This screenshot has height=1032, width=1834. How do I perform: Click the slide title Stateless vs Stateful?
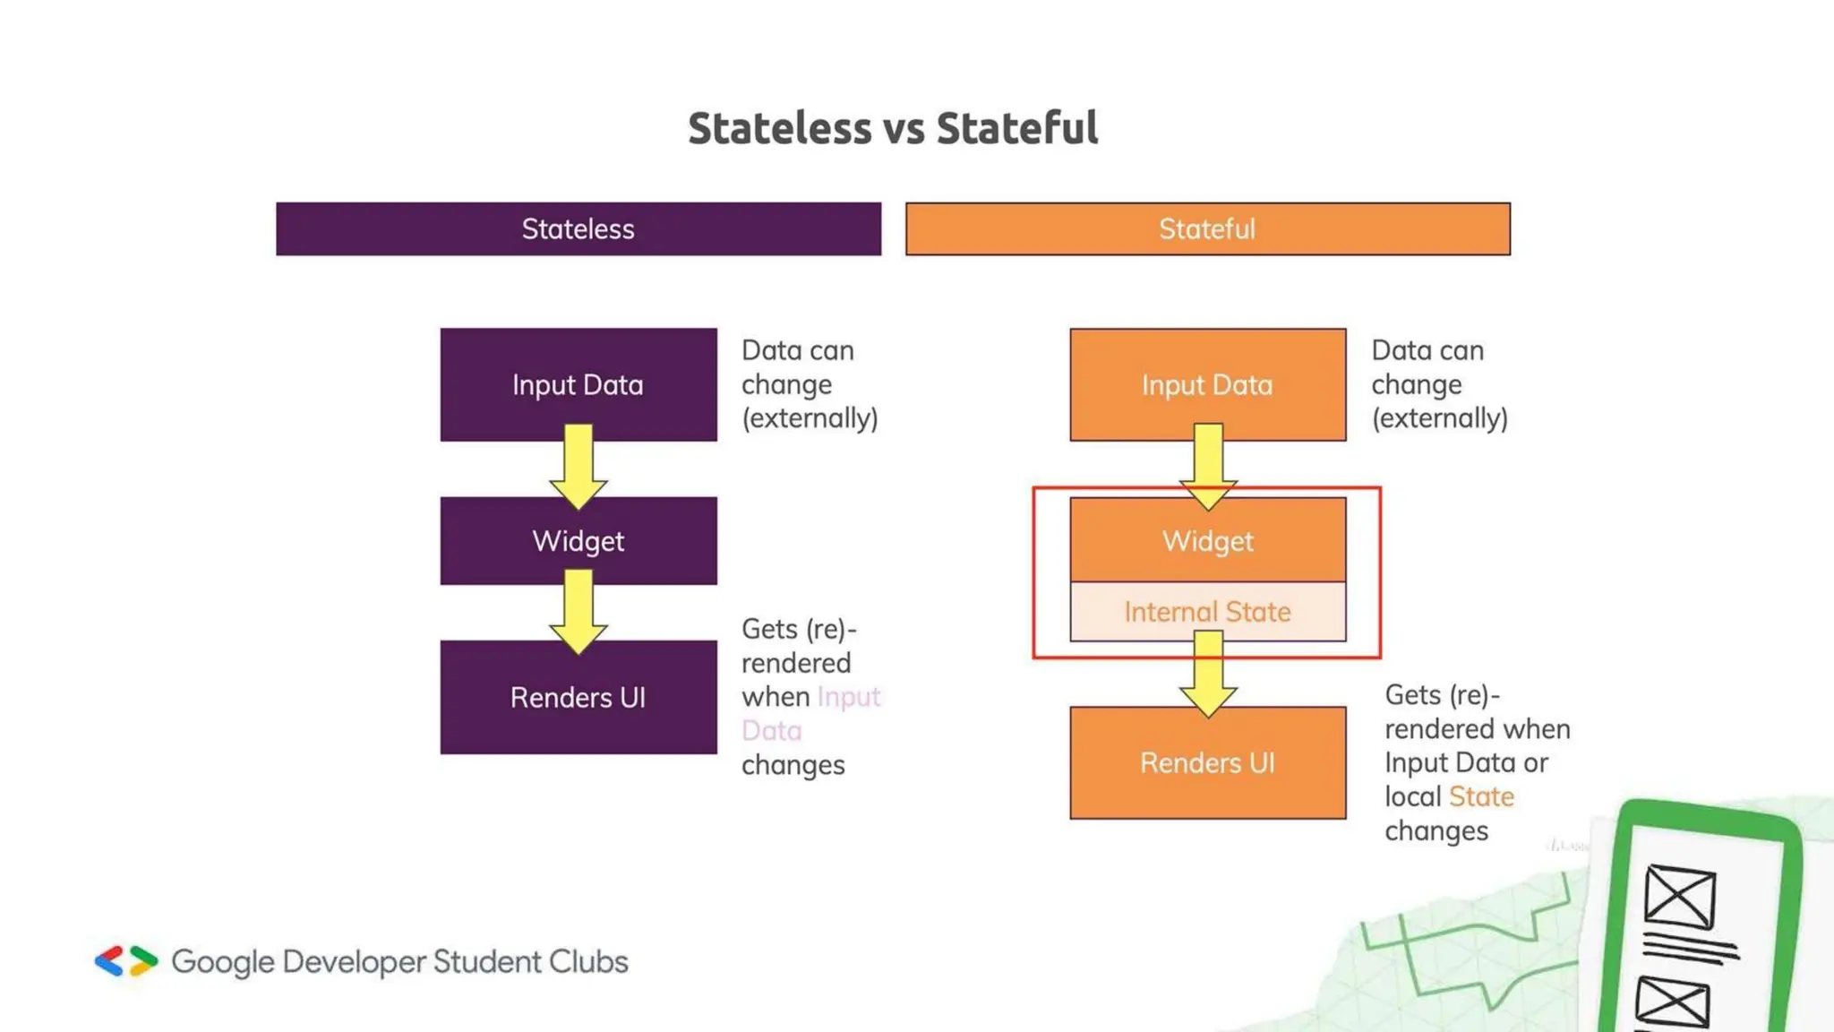tap(893, 128)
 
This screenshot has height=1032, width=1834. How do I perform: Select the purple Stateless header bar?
tap(578, 229)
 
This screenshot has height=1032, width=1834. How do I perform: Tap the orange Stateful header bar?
tap(1207, 229)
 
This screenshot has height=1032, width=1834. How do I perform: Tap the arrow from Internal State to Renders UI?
tap(1208, 675)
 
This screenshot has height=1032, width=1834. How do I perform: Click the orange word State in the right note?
tap(1481, 796)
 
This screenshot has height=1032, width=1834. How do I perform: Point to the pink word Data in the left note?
tap(772, 731)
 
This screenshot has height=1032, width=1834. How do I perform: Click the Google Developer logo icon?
tap(126, 961)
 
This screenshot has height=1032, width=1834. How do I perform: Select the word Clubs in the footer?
tap(588, 961)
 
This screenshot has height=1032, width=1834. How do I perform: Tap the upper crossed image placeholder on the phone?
tap(1680, 896)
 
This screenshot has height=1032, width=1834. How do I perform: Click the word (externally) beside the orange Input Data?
tap(1439, 418)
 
